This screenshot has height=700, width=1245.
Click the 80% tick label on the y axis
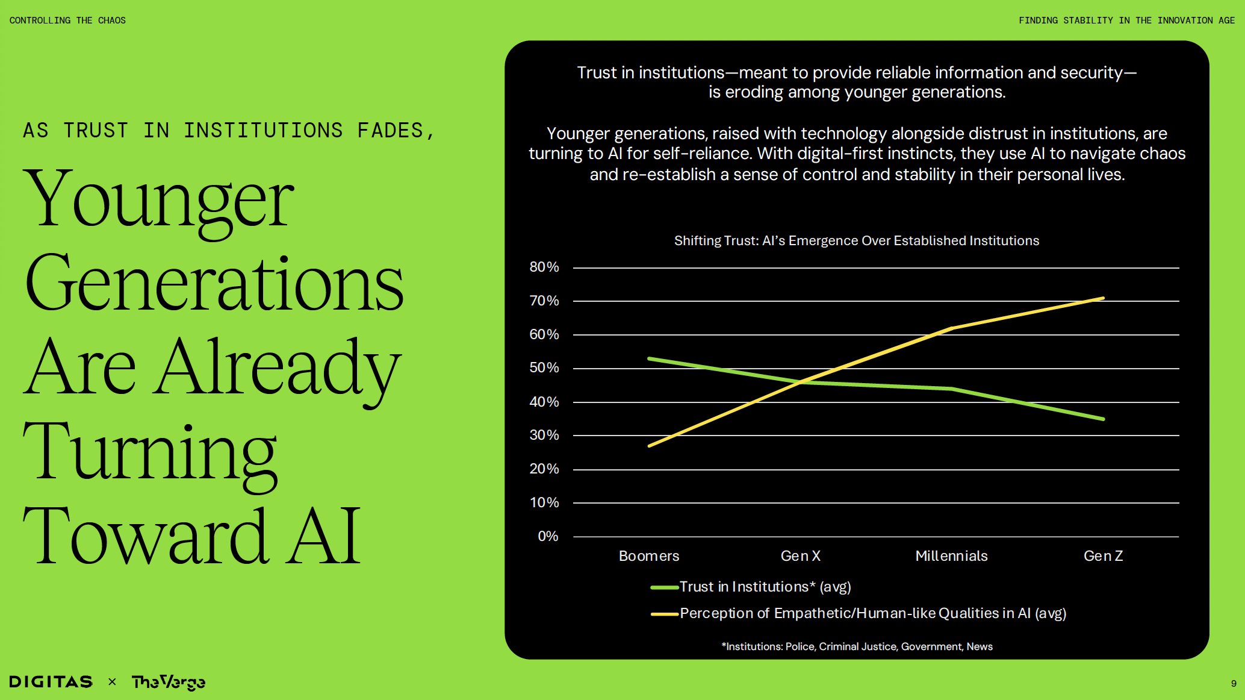(x=544, y=267)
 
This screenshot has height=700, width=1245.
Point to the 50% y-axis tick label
(x=544, y=367)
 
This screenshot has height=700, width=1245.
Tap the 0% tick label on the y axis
(x=547, y=536)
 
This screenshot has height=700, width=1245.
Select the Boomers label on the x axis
(x=649, y=556)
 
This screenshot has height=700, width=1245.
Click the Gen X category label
(x=800, y=556)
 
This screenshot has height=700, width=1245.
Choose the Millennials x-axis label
(x=951, y=556)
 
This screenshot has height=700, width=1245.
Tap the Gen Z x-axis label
(x=1103, y=556)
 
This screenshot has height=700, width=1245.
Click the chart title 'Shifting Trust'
(x=856, y=241)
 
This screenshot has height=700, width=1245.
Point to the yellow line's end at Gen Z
(x=1103, y=298)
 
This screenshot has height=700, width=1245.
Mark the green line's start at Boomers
(x=649, y=358)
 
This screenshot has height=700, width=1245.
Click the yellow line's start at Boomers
(x=649, y=446)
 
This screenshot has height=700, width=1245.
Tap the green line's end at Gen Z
(x=1103, y=419)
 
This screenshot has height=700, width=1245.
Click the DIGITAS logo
(x=51, y=682)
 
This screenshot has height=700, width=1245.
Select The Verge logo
(x=169, y=682)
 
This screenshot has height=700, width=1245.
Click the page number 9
(x=1234, y=684)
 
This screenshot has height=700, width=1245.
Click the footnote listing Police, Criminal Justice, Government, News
(x=857, y=646)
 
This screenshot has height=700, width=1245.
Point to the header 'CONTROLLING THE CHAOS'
(x=67, y=20)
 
